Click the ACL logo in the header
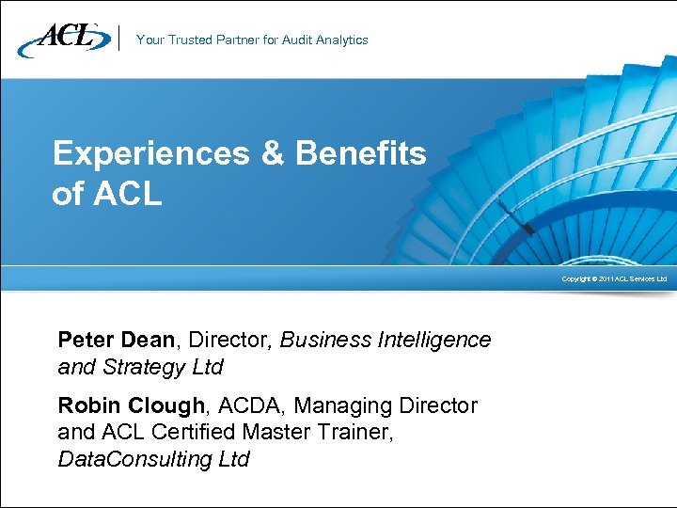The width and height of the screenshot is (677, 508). (62, 39)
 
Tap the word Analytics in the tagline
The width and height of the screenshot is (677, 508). (341, 40)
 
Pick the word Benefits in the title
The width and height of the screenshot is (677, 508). (361, 153)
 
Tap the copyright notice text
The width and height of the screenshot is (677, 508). (614, 279)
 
